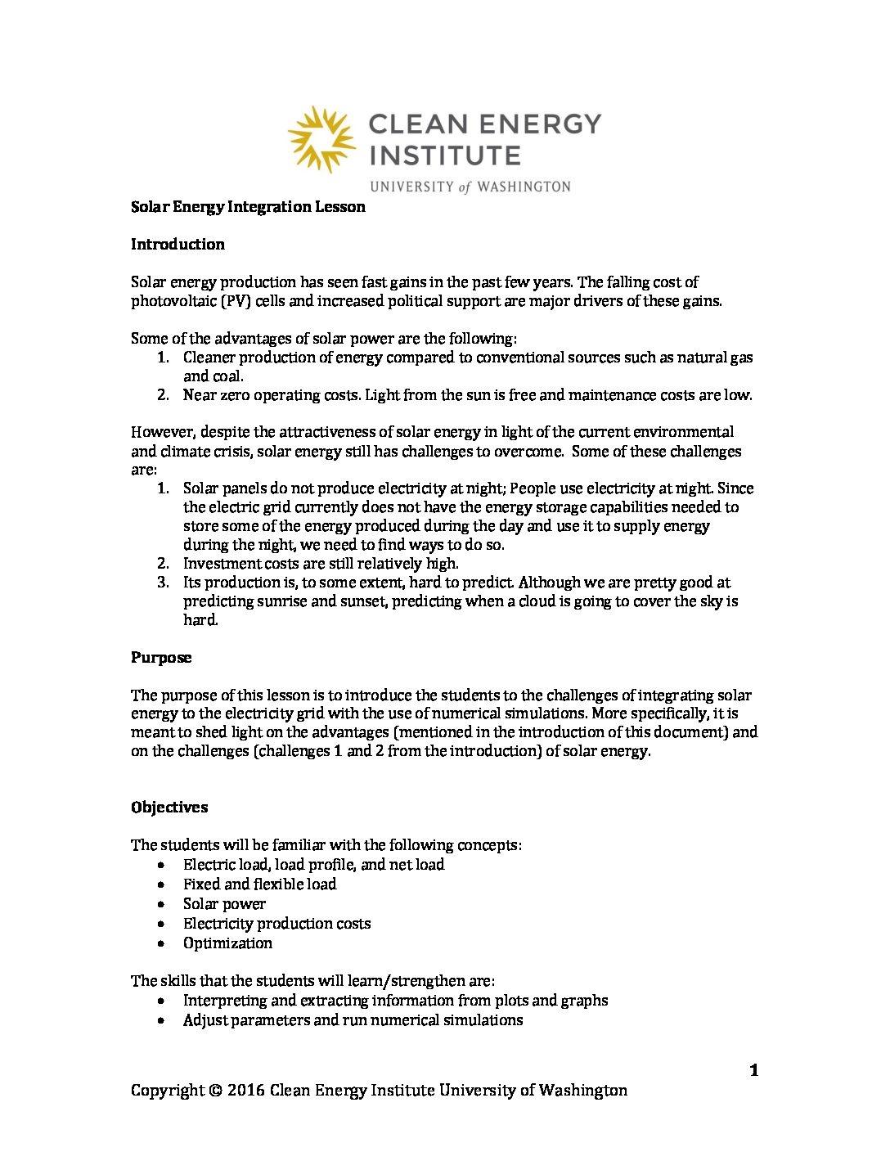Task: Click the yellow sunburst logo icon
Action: click(321, 138)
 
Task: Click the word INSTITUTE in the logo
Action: click(444, 155)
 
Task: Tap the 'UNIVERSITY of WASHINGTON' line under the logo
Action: click(470, 187)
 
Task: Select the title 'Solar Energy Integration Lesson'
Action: click(248, 207)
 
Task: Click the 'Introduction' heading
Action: click(178, 245)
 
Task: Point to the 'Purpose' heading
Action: click(161, 658)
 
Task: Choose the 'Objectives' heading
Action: click(169, 808)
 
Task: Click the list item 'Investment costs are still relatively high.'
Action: click(321, 564)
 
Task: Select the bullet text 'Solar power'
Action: click(224, 904)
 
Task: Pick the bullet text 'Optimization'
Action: click(227, 943)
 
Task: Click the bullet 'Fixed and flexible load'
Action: click(259, 884)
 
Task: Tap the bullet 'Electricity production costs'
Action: click(276, 924)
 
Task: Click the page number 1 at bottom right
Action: click(753, 1070)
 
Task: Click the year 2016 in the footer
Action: click(246, 1091)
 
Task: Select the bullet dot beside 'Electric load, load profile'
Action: click(164, 865)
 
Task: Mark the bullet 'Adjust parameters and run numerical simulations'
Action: click(353, 1020)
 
